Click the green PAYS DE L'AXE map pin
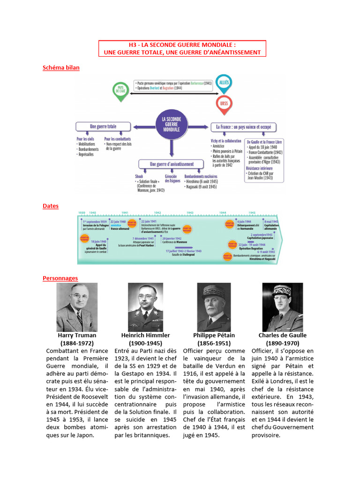[120, 90]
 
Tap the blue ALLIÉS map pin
[224, 82]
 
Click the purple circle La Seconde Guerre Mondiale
[171, 125]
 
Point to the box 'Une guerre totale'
[103, 127]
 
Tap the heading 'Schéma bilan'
[61, 67]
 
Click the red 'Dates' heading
[51, 206]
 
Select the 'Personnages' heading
[60, 278]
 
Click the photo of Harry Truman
[77, 307]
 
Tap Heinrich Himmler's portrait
[145, 307]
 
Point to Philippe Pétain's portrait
[214, 307]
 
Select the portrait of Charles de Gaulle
[282, 307]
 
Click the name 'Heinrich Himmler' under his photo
[145, 335]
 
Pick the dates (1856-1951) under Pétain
[214, 343]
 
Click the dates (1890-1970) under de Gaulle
[282, 343]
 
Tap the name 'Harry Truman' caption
[77, 335]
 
